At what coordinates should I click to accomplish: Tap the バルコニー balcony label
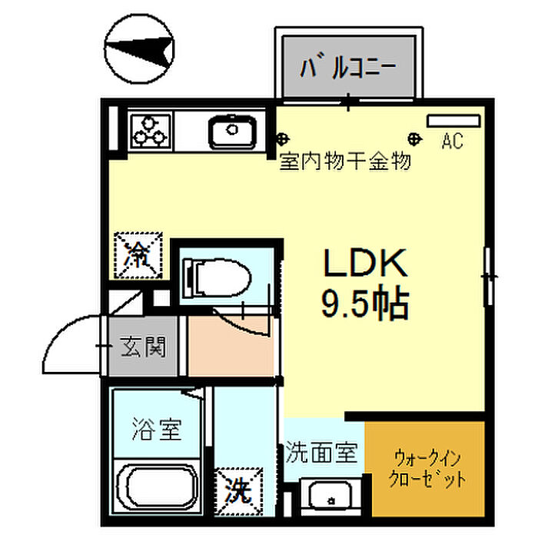[349, 67]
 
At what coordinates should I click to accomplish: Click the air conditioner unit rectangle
[453, 121]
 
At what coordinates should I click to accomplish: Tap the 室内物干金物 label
[345, 161]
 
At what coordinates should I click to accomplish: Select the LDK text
[364, 265]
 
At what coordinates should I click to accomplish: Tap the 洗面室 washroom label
[321, 452]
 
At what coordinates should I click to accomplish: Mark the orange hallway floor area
[231, 346]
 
